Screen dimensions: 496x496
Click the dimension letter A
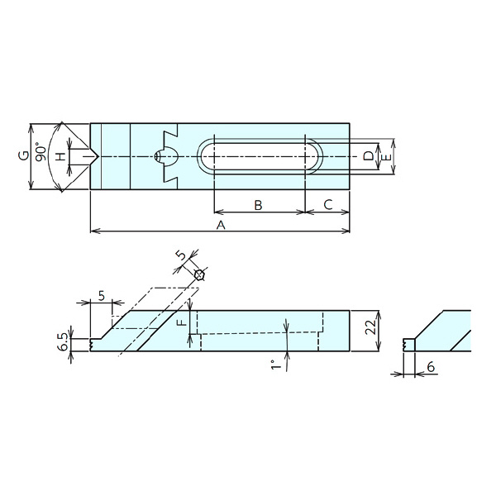coord(221,225)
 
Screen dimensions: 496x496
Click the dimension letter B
coord(258,205)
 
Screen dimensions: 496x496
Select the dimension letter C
coord(328,205)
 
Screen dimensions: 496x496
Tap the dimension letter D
coord(369,156)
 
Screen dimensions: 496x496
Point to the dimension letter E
coord(387,157)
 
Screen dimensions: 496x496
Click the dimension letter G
coord(24,155)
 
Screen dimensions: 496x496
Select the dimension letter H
coord(62,156)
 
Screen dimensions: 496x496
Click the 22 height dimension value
coord(370,327)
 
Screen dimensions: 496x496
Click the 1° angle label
coord(276,365)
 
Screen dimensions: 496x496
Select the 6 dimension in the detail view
coord(431,367)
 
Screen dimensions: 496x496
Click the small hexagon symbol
coord(199,275)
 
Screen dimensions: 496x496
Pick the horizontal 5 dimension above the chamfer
coord(101,296)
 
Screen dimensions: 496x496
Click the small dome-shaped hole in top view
coord(166,156)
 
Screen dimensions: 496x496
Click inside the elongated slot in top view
coord(260,156)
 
